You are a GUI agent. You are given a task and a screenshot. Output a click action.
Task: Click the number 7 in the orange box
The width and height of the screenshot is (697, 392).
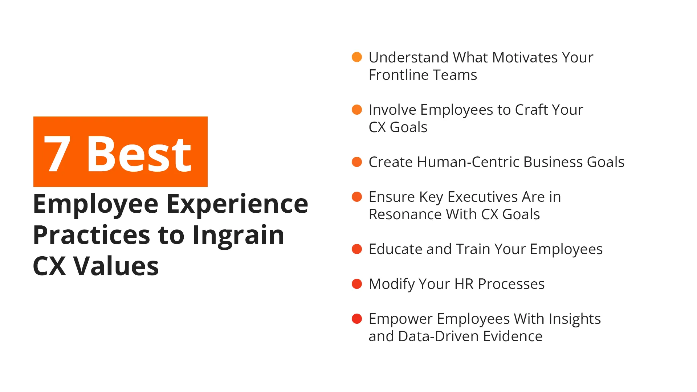57,154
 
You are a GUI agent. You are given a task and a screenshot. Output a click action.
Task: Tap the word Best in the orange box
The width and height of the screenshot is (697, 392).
139,154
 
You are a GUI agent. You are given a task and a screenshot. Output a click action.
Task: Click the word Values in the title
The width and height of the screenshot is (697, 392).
116,266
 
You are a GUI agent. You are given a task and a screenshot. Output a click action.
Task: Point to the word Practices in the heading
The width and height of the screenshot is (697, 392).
91,235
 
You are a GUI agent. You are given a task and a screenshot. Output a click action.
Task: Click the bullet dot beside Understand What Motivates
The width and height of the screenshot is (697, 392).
357,57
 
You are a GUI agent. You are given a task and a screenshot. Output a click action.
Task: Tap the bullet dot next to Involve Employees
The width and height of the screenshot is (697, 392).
357,110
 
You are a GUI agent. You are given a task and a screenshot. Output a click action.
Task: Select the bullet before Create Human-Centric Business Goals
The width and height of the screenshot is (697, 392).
357,162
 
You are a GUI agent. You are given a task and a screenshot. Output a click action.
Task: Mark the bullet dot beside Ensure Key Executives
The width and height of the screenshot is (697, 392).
357,197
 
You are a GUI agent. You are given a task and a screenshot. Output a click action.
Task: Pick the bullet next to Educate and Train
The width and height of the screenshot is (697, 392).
357,249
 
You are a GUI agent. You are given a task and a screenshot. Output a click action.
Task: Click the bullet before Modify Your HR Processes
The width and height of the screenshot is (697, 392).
357,284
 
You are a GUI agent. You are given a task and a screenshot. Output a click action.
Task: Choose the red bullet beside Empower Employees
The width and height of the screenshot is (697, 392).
357,319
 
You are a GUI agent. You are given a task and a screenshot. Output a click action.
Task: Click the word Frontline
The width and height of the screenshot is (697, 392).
399,75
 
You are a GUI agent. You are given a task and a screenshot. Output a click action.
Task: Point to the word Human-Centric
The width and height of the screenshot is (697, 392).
468,162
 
